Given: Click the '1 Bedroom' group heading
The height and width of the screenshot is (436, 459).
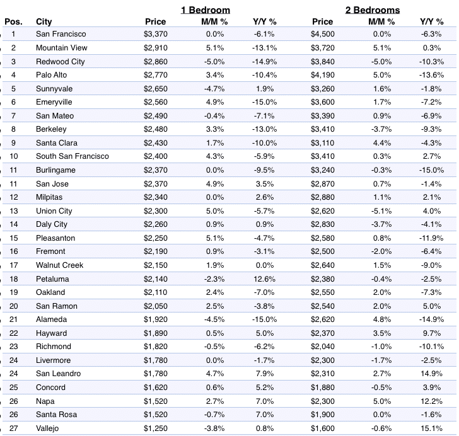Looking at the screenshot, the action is [x=205, y=10].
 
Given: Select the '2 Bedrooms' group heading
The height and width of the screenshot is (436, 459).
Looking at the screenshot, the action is [x=373, y=10].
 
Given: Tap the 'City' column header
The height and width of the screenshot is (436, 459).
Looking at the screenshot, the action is [x=44, y=21].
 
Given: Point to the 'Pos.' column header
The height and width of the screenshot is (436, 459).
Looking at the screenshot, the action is [x=13, y=21].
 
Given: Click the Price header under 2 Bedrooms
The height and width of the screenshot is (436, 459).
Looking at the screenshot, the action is [x=323, y=21].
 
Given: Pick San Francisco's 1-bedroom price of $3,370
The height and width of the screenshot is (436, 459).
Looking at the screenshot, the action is [x=156, y=34].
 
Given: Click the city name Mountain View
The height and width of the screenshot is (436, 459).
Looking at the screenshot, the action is [x=62, y=48].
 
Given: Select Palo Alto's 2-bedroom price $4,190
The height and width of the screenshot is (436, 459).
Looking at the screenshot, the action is [x=323, y=75].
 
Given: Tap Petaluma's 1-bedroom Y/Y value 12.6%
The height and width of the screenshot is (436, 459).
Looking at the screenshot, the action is [x=264, y=279].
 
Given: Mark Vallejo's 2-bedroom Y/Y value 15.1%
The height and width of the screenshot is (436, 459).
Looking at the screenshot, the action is [x=431, y=428].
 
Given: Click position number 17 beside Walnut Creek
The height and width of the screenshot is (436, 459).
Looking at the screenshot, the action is [x=14, y=265].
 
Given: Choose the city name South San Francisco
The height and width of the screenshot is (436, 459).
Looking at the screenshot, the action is [x=73, y=156].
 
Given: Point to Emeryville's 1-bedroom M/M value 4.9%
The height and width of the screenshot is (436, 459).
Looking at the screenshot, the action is [x=215, y=102].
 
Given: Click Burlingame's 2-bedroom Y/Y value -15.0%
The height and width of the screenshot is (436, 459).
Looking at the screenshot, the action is [x=431, y=170].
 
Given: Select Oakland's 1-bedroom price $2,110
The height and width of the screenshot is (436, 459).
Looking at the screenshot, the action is [x=156, y=292].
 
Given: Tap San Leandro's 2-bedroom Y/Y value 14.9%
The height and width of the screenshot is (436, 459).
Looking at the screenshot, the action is [x=431, y=374].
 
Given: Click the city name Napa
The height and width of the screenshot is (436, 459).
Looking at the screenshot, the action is [x=45, y=401].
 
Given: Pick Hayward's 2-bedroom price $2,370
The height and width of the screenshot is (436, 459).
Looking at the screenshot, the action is [x=323, y=333].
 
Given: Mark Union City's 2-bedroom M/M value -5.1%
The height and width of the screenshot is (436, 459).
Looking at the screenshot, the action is [x=381, y=211].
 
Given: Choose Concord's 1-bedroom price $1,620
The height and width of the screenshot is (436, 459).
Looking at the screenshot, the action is [x=156, y=387].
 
